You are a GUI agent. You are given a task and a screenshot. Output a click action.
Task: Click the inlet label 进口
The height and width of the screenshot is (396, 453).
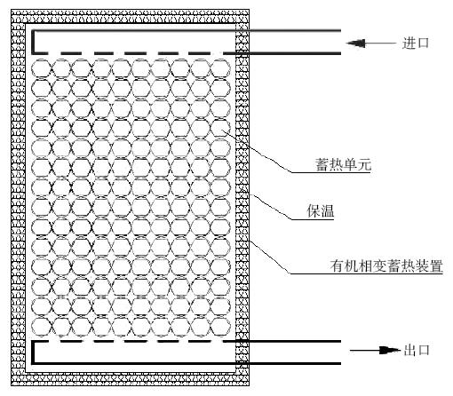(416, 44)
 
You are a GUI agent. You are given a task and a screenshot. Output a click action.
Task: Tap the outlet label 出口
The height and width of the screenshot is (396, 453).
(417, 351)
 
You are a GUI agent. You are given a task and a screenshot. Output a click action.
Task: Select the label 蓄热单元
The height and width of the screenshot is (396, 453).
(344, 164)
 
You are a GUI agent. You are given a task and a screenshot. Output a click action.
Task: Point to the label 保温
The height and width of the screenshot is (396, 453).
(321, 211)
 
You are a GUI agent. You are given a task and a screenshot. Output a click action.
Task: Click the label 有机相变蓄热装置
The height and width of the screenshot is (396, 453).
(386, 265)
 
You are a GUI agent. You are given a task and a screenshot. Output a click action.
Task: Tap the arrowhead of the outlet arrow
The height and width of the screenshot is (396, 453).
(390, 351)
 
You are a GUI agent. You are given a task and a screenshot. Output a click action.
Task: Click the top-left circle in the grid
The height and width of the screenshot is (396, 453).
(41, 68)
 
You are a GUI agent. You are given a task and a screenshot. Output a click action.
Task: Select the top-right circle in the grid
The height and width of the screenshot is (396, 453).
(220, 68)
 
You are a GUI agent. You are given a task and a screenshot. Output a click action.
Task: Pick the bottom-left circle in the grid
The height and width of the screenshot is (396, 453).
(41, 327)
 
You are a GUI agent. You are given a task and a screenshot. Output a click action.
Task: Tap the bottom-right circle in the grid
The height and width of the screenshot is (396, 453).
(220, 327)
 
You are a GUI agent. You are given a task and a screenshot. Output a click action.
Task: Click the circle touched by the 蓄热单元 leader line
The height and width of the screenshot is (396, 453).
(220, 128)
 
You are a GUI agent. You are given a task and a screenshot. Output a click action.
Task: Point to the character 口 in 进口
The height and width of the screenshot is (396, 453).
(423, 44)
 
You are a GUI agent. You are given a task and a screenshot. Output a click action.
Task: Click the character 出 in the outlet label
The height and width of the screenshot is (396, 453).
(410, 351)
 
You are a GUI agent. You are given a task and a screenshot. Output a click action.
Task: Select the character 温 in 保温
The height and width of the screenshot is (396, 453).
(328, 211)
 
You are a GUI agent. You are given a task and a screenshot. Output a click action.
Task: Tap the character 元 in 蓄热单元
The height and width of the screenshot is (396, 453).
(364, 164)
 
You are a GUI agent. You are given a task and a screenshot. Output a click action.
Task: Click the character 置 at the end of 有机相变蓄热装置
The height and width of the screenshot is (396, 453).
(436, 265)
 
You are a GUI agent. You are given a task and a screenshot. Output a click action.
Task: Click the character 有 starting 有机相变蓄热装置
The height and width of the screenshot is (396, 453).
(338, 265)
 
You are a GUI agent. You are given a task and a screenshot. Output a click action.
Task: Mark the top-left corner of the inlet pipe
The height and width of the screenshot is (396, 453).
(33, 30)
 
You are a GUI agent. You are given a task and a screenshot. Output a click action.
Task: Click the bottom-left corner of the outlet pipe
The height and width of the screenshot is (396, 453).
(33, 363)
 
